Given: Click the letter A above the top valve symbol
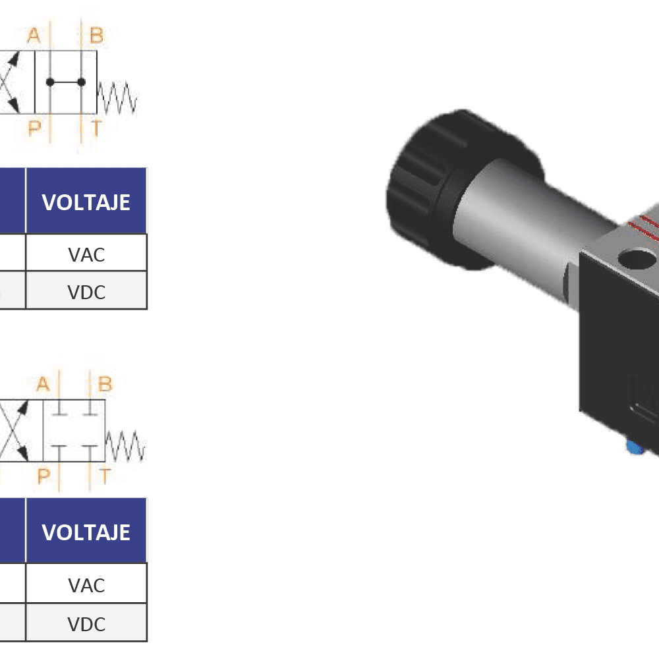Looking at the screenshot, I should (x=34, y=36).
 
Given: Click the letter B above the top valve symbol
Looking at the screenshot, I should (x=96, y=36).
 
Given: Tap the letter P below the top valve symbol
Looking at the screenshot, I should (x=34, y=129).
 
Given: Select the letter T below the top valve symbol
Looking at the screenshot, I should (x=96, y=129).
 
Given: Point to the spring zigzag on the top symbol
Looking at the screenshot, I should (x=117, y=98).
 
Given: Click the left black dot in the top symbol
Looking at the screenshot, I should (x=49, y=82).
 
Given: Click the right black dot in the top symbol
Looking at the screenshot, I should (x=81, y=82).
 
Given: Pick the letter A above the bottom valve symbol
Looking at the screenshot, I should (x=43, y=384).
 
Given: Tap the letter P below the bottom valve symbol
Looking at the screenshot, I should (x=43, y=476).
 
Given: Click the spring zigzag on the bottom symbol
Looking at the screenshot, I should (x=125, y=446).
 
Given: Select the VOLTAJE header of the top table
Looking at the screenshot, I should (x=86, y=202).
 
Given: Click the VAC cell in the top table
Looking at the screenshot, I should (x=86, y=254).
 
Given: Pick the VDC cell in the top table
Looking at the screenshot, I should (x=86, y=291).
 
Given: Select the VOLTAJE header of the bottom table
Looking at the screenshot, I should (x=86, y=532).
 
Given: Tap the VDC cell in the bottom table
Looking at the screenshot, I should (x=86, y=623).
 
